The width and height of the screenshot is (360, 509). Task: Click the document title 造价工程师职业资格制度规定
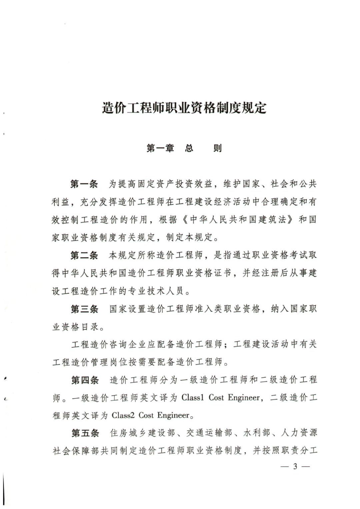point(184,108)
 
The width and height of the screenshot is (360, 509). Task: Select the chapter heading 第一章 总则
point(184,148)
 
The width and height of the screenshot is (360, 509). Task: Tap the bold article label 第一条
point(84,184)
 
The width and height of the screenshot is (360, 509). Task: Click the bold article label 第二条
point(84,255)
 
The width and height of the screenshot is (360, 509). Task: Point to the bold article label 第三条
point(84,309)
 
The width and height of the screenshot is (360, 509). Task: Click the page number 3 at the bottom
point(295,467)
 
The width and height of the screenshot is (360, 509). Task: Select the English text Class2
point(123,415)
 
